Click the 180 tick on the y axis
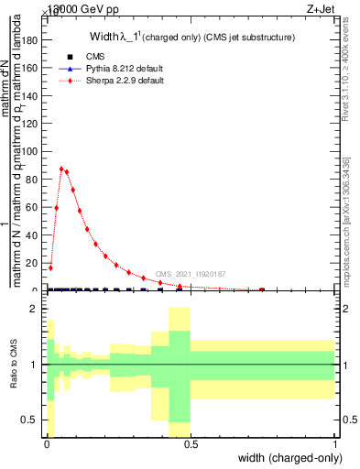click(34, 40)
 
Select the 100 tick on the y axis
click(34, 152)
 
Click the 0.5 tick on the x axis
click(191, 444)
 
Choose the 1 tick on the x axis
click(334, 444)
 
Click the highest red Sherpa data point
click(61, 169)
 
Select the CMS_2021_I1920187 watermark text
click(190, 273)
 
